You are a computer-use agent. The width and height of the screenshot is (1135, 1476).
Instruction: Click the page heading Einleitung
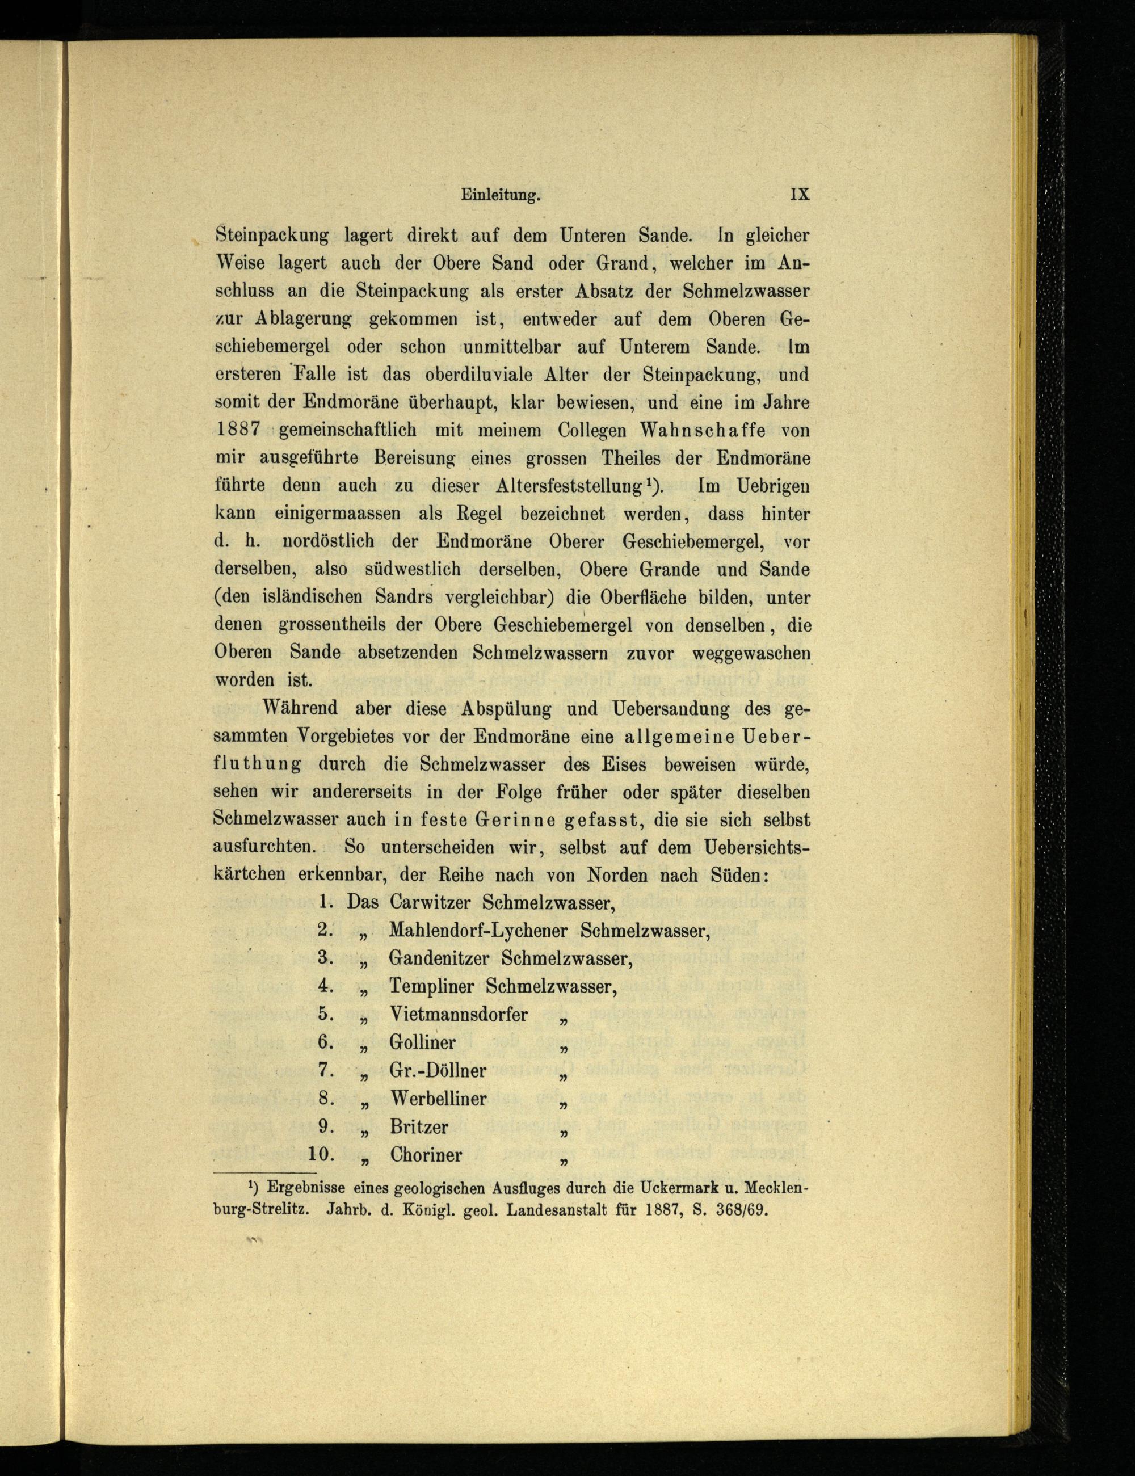[x=501, y=195]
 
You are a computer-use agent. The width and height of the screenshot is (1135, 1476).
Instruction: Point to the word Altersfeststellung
[x=568, y=486]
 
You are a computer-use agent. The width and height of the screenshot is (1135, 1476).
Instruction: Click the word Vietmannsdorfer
[x=459, y=1015]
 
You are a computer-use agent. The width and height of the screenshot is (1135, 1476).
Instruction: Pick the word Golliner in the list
[x=422, y=1042]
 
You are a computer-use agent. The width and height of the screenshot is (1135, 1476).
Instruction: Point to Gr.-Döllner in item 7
[x=438, y=1071]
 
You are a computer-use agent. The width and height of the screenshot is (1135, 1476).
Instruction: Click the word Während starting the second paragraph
[x=302, y=709]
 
